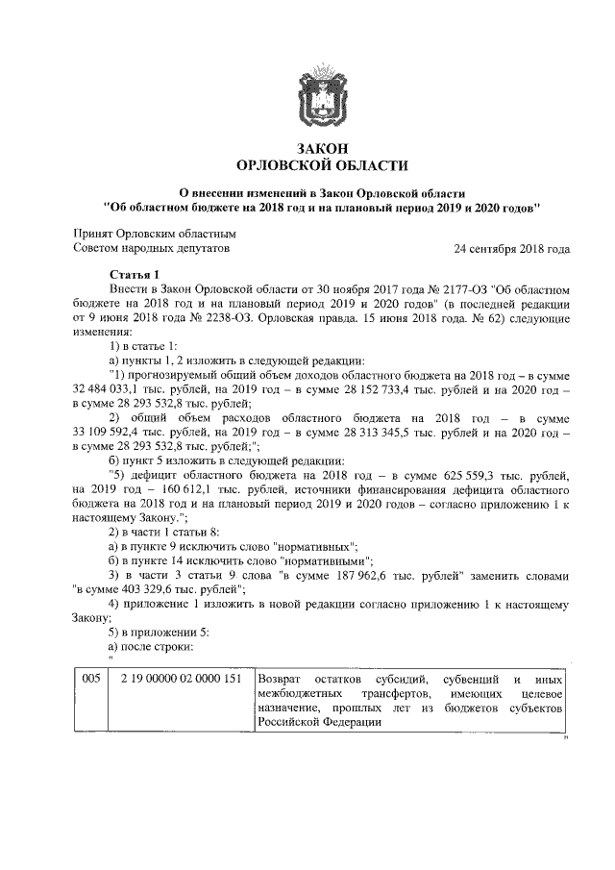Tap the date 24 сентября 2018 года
tap(511, 249)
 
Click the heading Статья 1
tap(136, 275)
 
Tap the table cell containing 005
tap(91, 680)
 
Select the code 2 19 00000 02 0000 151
tap(180, 680)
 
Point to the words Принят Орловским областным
tap(155, 235)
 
